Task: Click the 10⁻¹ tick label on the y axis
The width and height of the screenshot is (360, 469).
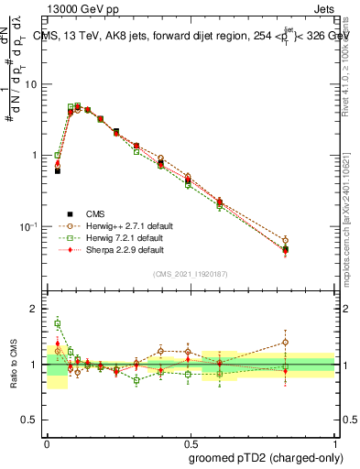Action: tap(29, 226)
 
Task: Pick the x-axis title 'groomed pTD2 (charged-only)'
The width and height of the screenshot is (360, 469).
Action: tap(267, 457)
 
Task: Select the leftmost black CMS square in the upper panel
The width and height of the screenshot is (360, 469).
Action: tap(58, 170)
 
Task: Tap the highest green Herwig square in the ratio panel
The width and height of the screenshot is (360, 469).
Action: tap(58, 323)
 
